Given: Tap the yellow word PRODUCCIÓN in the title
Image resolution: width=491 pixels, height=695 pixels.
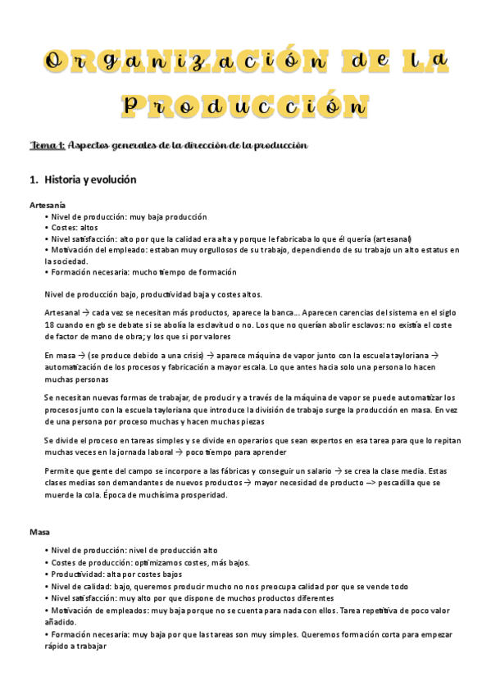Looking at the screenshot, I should click(x=244, y=105).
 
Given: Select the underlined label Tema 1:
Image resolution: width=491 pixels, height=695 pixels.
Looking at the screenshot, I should click(x=47, y=145).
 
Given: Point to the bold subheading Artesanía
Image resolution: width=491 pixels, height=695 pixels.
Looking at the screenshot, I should click(x=48, y=205).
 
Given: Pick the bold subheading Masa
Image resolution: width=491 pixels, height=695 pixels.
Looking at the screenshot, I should click(x=39, y=532).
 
